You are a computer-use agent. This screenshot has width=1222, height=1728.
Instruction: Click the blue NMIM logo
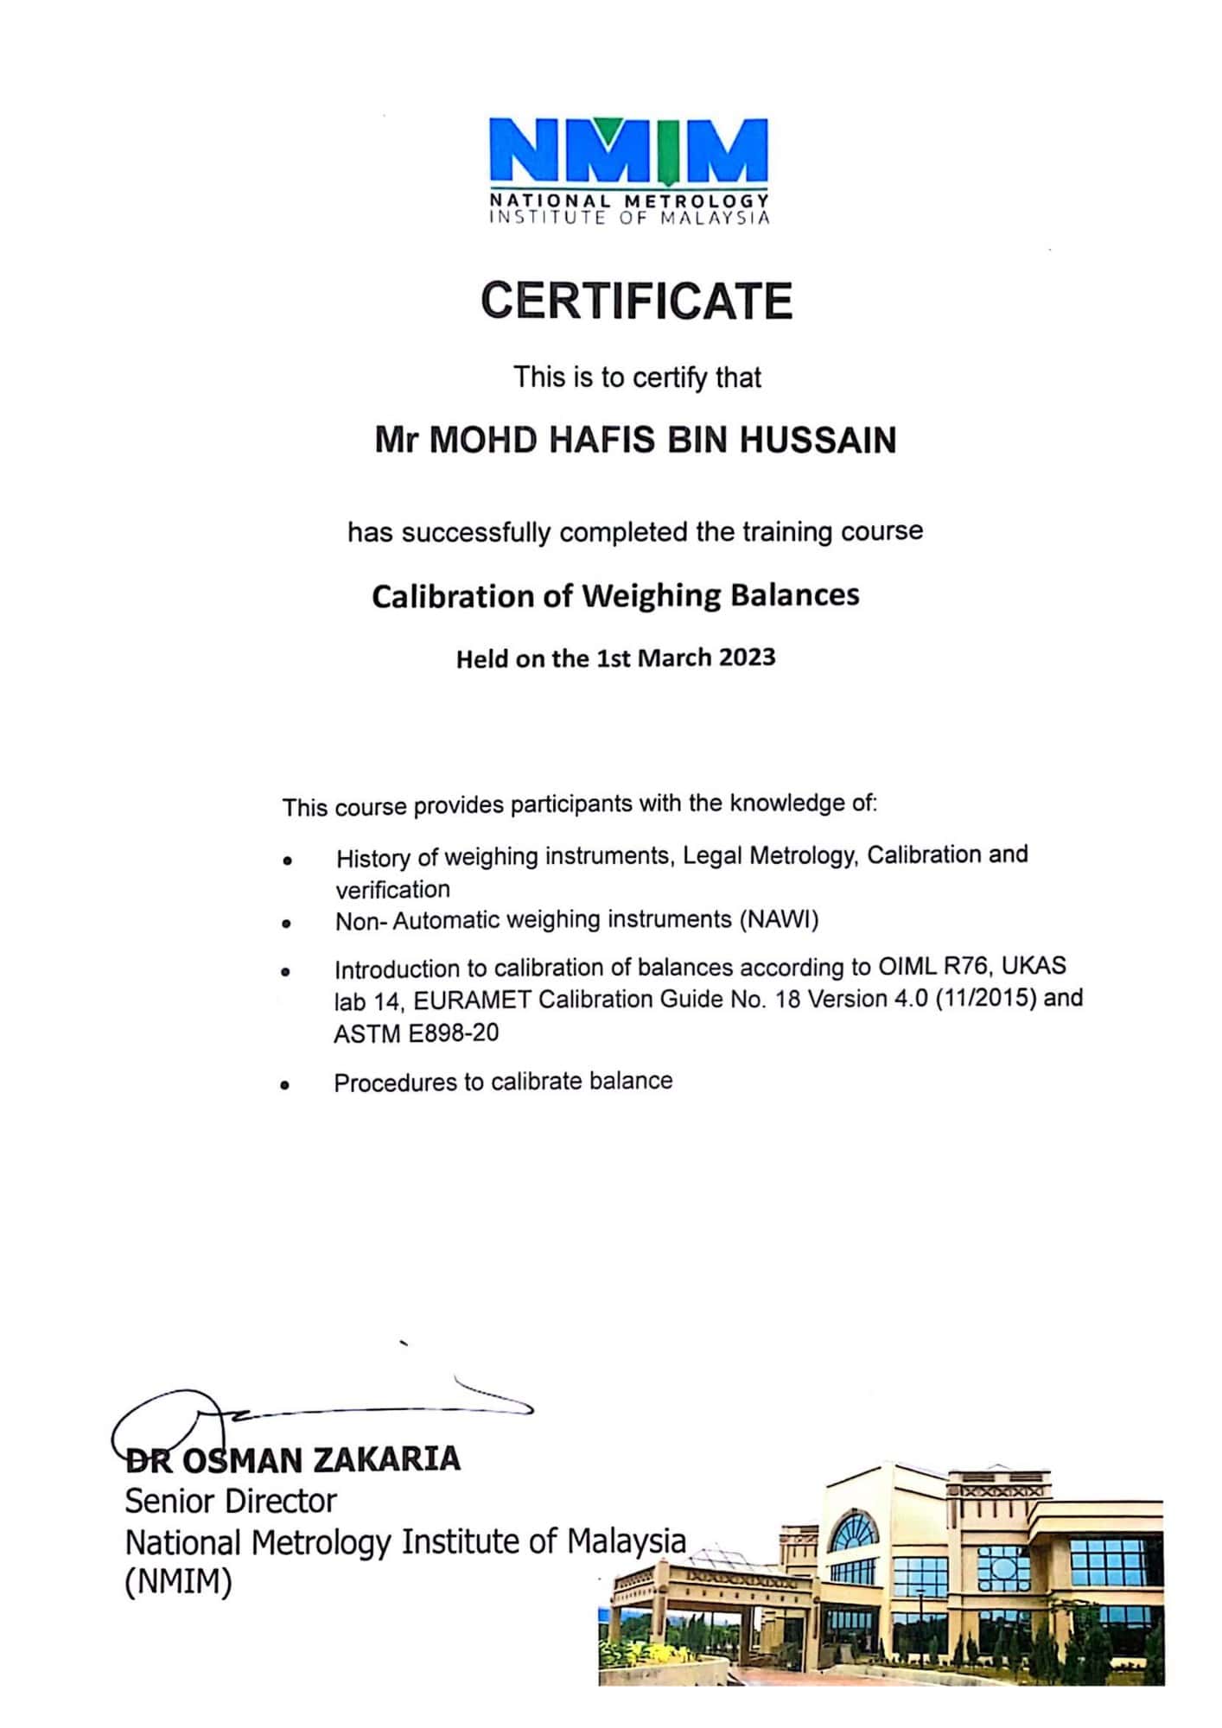point(628,152)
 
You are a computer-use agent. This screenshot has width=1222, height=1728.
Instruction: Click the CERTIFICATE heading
point(637,301)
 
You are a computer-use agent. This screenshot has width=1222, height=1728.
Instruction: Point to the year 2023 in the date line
point(747,658)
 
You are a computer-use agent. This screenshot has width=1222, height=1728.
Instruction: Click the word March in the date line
point(671,658)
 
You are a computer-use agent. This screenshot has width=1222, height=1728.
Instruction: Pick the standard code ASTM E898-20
point(416,1033)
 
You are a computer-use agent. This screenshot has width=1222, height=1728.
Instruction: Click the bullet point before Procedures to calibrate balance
point(284,1086)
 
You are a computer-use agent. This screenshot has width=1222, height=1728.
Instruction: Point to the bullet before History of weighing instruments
point(286,861)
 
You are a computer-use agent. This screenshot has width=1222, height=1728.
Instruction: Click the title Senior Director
point(230,1501)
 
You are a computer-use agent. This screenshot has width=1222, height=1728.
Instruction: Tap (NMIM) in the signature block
point(179,1582)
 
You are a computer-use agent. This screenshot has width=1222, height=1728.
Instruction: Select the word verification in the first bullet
point(392,889)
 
